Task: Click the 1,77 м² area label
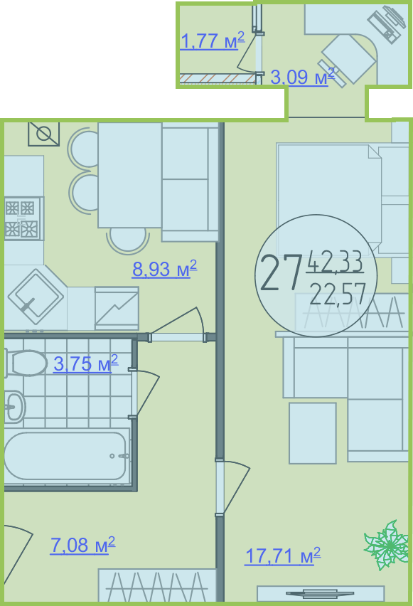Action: click(x=213, y=41)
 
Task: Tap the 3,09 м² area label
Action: click(x=303, y=77)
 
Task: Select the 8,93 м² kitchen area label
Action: click(x=165, y=269)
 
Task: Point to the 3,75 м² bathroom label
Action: click(x=86, y=363)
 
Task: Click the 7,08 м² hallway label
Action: click(x=82, y=545)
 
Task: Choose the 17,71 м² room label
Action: click(x=283, y=555)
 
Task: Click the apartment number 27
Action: click(x=280, y=272)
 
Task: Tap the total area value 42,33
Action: click(x=335, y=261)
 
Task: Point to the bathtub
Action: click(x=66, y=456)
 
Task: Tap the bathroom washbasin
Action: click(x=14, y=407)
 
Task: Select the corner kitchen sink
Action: click(x=36, y=297)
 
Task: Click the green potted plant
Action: click(x=387, y=545)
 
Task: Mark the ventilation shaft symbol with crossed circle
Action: click(x=43, y=134)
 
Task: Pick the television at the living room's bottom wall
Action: click(x=321, y=593)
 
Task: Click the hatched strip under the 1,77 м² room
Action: click(x=218, y=78)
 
